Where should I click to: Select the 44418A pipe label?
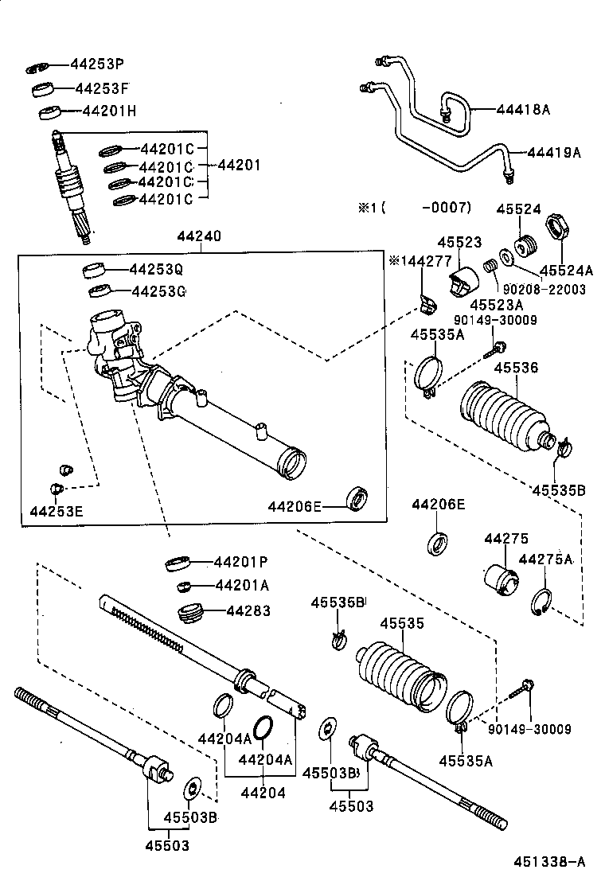[x=523, y=110]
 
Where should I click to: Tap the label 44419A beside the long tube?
[x=555, y=152]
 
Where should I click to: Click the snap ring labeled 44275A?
[x=540, y=601]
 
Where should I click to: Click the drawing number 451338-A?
[x=549, y=861]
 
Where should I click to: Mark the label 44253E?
[x=57, y=510]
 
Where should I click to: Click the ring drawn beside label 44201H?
[x=52, y=111]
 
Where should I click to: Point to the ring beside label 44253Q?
[x=96, y=268]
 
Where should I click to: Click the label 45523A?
[x=495, y=304]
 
